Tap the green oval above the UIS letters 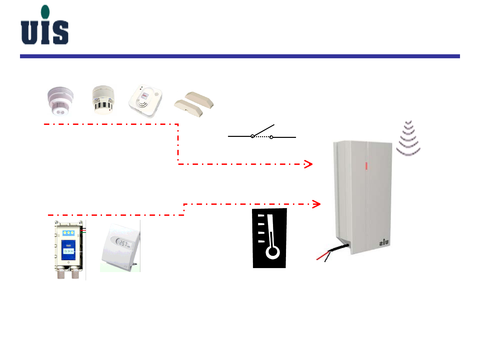click(x=45, y=12)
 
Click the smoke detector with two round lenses click(x=60, y=102)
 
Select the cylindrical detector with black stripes click(x=103, y=100)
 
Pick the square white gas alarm click(x=146, y=101)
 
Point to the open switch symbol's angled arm click(x=263, y=130)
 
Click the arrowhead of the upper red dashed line click(x=309, y=164)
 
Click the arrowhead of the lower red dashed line click(x=317, y=204)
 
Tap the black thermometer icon click(x=270, y=238)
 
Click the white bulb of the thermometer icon click(x=272, y=252)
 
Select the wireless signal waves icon click(x=408, y=139)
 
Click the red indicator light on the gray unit click(x=366, y=166)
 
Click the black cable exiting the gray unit click(x=338, y=248)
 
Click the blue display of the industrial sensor click(x=68, y=250)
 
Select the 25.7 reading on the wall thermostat click(x=124, y=244)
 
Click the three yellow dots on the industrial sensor click(x=69, y=232)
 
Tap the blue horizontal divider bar click(x=240, y=56)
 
